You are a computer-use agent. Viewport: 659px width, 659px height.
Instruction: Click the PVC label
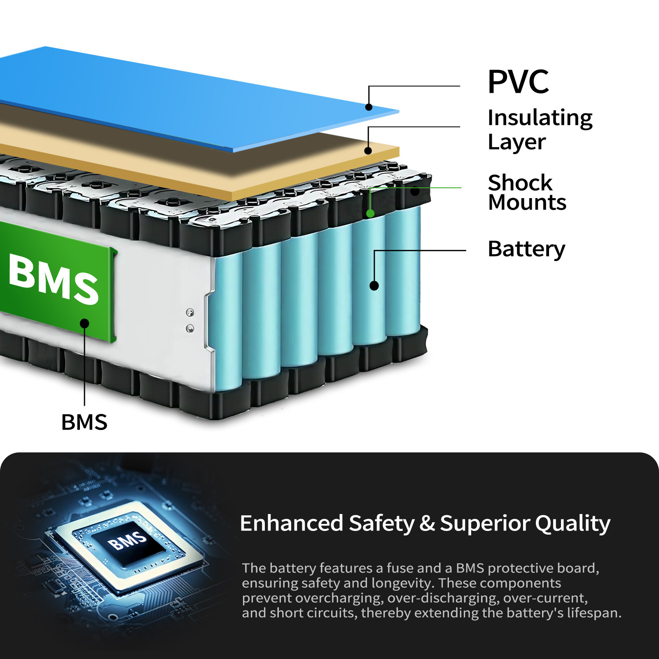pyautogui.click(x=518, y=82)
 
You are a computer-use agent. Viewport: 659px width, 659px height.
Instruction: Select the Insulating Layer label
pyautogui.click(x=540, y=130)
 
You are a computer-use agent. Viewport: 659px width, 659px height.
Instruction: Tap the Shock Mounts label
pyautogui.click(x=527, y=192)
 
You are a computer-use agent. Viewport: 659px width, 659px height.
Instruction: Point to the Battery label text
pyautogui.click(x=526, y=249)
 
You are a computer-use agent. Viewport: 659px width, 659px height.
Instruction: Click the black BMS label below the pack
pyautogui.click(x=84, y=422)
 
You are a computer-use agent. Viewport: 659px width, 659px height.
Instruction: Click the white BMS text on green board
pyautogui.click(x=54, y=279)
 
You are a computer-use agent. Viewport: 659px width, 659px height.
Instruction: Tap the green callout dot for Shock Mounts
pyautogui.click(x=370, y=213)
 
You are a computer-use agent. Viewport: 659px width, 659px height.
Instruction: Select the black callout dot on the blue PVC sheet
pyautogui.click(x=369, y=107)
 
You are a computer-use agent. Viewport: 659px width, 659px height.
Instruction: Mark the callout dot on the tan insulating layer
pyautogui.click(x=368, y=151)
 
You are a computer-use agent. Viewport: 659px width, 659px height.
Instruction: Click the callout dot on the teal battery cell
pyautogui.click(x=374, y=285)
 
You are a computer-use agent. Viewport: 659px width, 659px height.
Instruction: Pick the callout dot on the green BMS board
pyautogui.click(x=84, y=323)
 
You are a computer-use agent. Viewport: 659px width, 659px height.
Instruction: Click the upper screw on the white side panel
pyautogui.click(x=190, y=312)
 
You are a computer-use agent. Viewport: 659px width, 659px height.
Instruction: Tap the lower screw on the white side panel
pyautogui.click(x=190, y=328)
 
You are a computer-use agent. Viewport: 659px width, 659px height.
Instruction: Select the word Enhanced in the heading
pyautogui.click(x=291, y=523)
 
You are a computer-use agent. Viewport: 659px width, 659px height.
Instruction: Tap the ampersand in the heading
pyautogui.click(x=427, y=523)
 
